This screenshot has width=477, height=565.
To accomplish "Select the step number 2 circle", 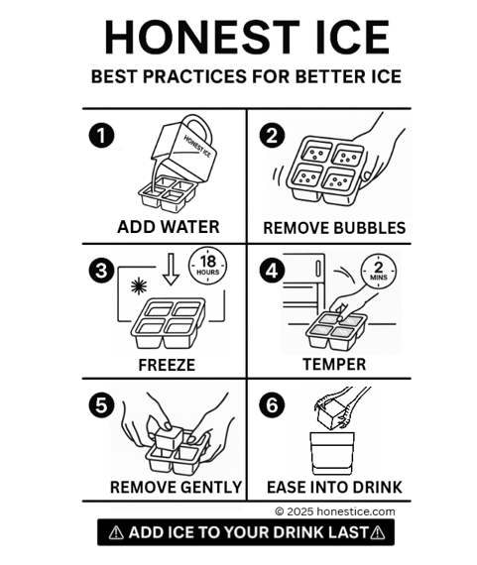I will (273, 136).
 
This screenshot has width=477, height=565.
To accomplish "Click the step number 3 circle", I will (96, 270).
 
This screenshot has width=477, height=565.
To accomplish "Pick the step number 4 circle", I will (273, 270).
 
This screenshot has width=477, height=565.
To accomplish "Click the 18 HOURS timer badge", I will (205, 265).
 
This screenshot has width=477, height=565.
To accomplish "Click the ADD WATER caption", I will (168, 227).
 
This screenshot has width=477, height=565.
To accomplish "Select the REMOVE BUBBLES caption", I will (334, 228).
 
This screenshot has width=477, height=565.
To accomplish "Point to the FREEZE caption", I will (166, 365).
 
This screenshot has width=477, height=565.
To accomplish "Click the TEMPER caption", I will (335, 364).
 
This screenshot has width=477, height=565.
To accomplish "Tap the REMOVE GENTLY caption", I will (176, 487).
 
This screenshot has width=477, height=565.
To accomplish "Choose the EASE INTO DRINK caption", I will (334, 487).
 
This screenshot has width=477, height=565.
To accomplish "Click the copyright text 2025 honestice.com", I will (334, 511).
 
